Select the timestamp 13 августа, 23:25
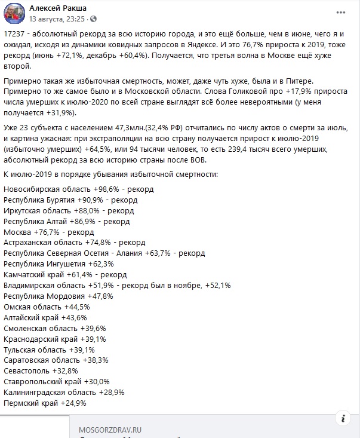pyautogui.click(x=58, y=19)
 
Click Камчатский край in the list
pyautogui.click(x=35, y=275)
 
